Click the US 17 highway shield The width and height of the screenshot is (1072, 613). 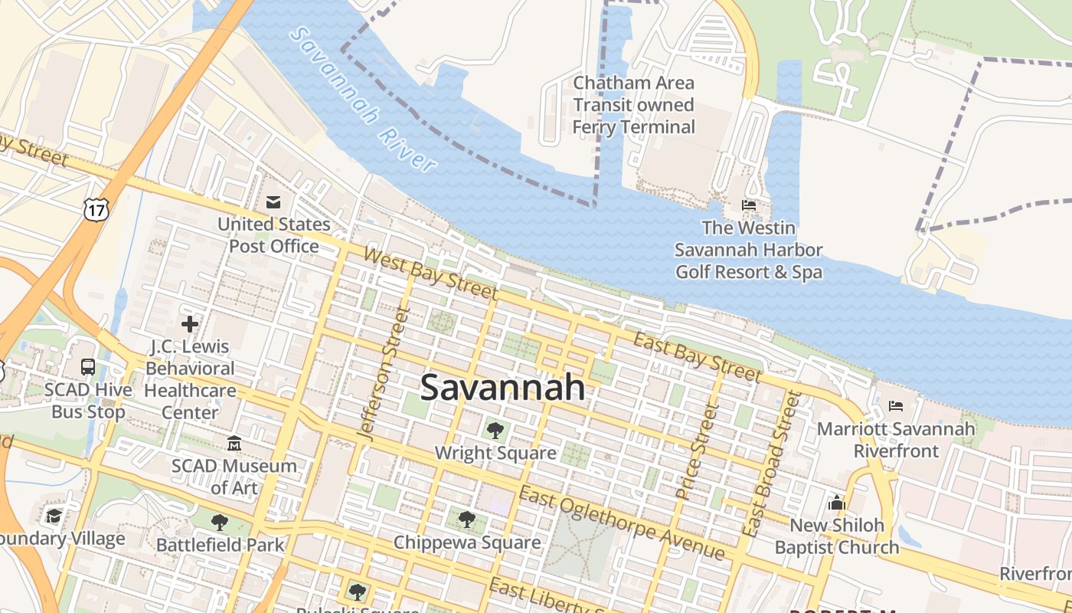97,208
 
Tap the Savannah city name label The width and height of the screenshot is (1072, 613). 503,387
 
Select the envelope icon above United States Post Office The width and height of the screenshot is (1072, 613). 273,202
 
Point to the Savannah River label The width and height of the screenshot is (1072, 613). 364,100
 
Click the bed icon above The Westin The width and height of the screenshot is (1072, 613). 749,205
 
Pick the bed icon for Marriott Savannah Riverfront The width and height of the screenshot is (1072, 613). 895,405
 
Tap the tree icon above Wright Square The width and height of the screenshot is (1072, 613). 495,430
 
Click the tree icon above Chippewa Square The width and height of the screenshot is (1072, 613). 466,520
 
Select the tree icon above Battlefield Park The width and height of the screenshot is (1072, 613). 220,523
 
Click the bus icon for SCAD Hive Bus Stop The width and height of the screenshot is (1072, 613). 88,366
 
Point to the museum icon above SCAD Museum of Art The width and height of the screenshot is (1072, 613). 234,443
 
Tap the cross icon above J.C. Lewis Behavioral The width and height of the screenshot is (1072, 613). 190,324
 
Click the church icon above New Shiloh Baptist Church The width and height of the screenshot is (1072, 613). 836,503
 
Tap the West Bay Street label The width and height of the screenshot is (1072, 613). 430,273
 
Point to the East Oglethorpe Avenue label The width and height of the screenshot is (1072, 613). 622,523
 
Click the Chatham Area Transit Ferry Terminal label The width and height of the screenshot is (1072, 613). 634,105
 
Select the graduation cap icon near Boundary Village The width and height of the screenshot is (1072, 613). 54,516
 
